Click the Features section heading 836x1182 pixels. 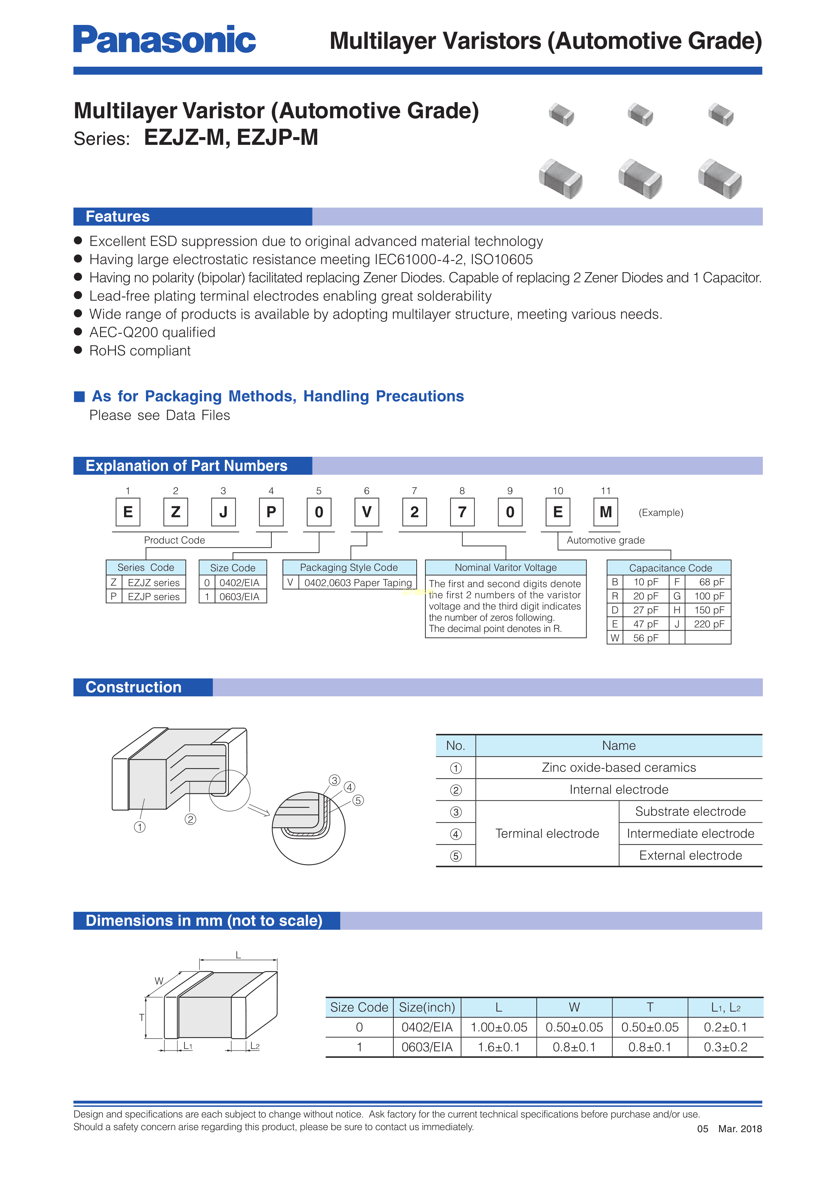click(117, 217)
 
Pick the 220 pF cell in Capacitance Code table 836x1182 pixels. click(709, 624)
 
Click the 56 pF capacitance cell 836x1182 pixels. click(646, 638)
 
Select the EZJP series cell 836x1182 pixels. click(153, 597)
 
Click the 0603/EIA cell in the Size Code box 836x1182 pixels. click(239, 597)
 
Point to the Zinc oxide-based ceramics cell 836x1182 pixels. click(618, 768)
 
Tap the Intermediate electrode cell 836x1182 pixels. click(690, 833)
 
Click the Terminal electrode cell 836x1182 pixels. click(547, 833)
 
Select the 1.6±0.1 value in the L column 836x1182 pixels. click(499, 1047)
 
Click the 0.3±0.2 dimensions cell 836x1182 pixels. click(725, 1047)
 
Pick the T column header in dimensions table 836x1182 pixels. click(650, 1008)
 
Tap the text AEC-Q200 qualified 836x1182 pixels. click(152, 332)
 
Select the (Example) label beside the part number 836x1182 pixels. click(660, 513)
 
